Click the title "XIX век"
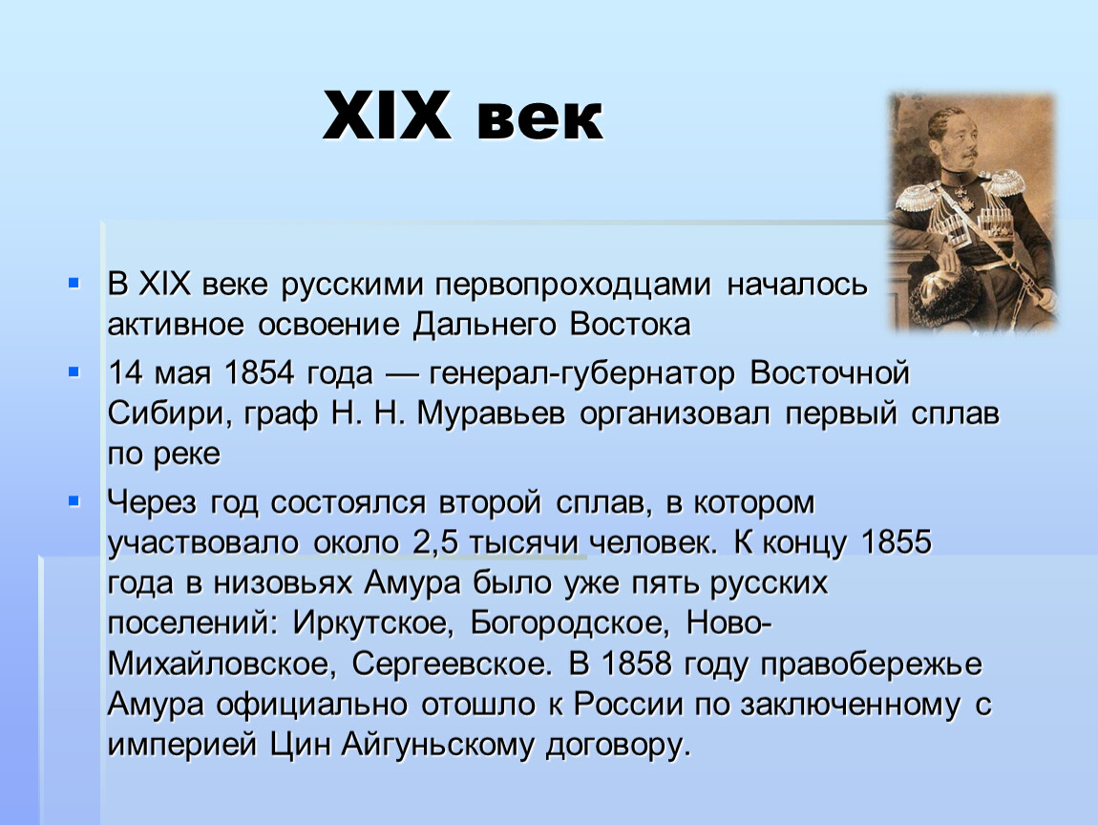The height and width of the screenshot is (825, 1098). click(x=463, y=116)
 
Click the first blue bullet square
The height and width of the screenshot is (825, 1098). click(x=74, y=283)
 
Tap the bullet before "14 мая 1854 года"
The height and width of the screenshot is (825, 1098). click(x=74, y=371)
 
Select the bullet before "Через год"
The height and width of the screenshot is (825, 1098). click(x=74, y=501)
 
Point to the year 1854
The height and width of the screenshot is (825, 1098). click(x=259, y=372)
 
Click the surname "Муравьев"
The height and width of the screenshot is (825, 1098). click(x=491, y=413)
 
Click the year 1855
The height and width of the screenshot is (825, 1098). click(x=897, y=541)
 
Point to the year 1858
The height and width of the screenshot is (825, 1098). click(x=637, y=664)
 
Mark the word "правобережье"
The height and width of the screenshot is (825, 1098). click(x=871, y=665)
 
